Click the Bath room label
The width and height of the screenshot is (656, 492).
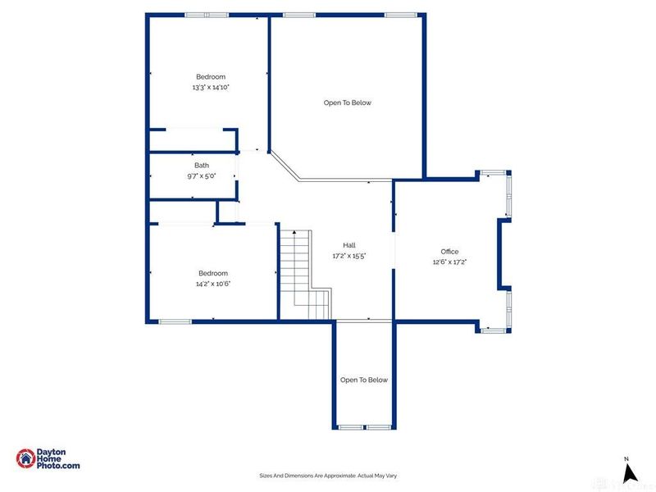click(x=201, y=165)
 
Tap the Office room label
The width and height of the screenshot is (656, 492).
click(x=449, y=252)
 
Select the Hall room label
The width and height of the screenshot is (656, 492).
click(x=348, y=245)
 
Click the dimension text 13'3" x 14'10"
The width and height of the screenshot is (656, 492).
click(x=211, y=87)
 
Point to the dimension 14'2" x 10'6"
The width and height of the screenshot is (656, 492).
click(x=212, y=284)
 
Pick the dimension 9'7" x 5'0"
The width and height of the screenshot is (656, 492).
click(x=201, y=175)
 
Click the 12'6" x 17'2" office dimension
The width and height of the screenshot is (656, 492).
click(x=449, y=262)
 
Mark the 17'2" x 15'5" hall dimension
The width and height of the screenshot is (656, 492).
click(x=348, y=256)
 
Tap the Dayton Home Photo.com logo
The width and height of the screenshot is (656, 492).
click(x=49, y=459)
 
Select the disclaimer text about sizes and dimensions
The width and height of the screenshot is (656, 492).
click(x=328, y=476)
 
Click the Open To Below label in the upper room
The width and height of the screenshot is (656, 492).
click(x=347, y=102)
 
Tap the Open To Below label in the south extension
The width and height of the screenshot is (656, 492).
click(x=364, y=380)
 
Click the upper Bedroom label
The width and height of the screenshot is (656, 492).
click(x=211, y=76)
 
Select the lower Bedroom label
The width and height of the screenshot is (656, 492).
click(x=212, y=273)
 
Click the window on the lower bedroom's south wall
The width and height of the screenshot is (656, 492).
click(x=175, y=321)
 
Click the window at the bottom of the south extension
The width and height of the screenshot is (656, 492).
click(x=365, y=427)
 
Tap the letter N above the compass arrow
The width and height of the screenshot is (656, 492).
click(x=626, y=459)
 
